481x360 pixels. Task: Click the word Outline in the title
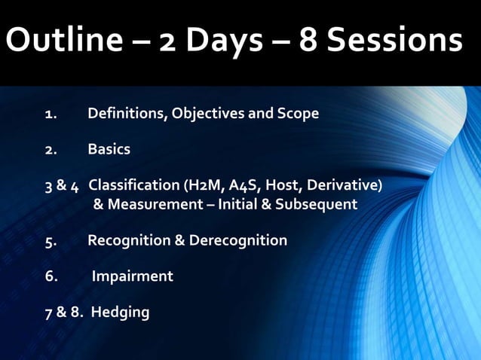[x=61, y=41]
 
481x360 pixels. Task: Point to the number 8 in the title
[x=309, y=41]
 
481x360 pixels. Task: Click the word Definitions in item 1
[x=127, y=114]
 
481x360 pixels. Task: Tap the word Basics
[x=109, y=149]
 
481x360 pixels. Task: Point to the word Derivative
[x=347, y=185]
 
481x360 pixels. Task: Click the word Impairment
[x=132, y=276]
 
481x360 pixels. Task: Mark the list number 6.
[x=50, y=276]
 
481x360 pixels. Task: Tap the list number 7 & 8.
[x=63, y=312]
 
